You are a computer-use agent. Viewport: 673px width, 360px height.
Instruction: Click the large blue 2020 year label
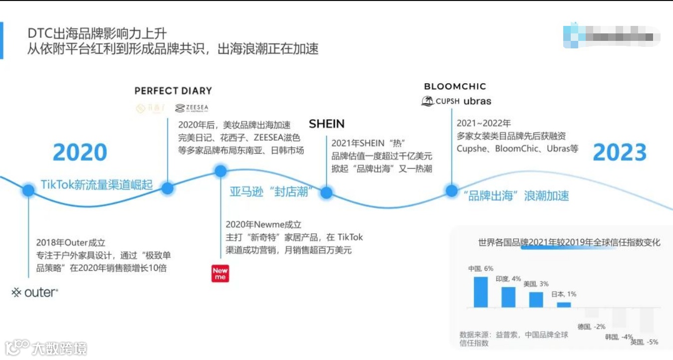[80, 153]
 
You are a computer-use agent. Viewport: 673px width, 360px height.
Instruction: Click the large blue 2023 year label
[620, 153]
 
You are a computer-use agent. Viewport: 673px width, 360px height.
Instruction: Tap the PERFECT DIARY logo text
[173, 91]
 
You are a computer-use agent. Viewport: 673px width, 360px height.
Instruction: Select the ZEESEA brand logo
[192, 108]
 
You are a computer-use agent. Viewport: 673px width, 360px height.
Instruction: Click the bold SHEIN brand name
[327, 124]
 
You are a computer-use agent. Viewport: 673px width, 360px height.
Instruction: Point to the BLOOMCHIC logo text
[455, 86]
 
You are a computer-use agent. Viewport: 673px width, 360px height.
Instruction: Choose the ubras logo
[477, 101]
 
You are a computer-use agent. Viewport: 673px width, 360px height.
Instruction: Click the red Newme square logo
[220, 273]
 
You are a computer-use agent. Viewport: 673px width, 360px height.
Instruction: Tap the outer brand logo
[35, 293]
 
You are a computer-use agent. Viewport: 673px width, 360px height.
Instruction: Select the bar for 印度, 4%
[508, 297]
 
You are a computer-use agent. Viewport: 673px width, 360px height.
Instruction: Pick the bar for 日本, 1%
[564, 304]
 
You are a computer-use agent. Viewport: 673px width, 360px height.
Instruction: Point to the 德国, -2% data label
[591, 327]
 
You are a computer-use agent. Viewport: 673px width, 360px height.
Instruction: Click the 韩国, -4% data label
[619, 337]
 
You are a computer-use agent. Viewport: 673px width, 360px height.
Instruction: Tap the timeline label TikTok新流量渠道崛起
[97, 184]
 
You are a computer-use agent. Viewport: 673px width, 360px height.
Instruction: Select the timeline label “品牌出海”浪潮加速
[516, 195]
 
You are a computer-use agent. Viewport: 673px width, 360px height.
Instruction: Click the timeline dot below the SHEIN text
[326, 193]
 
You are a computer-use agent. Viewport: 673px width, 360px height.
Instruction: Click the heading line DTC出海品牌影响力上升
[97, 33]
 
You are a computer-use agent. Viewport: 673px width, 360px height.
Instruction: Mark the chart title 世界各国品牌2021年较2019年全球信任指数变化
[569, 242]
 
